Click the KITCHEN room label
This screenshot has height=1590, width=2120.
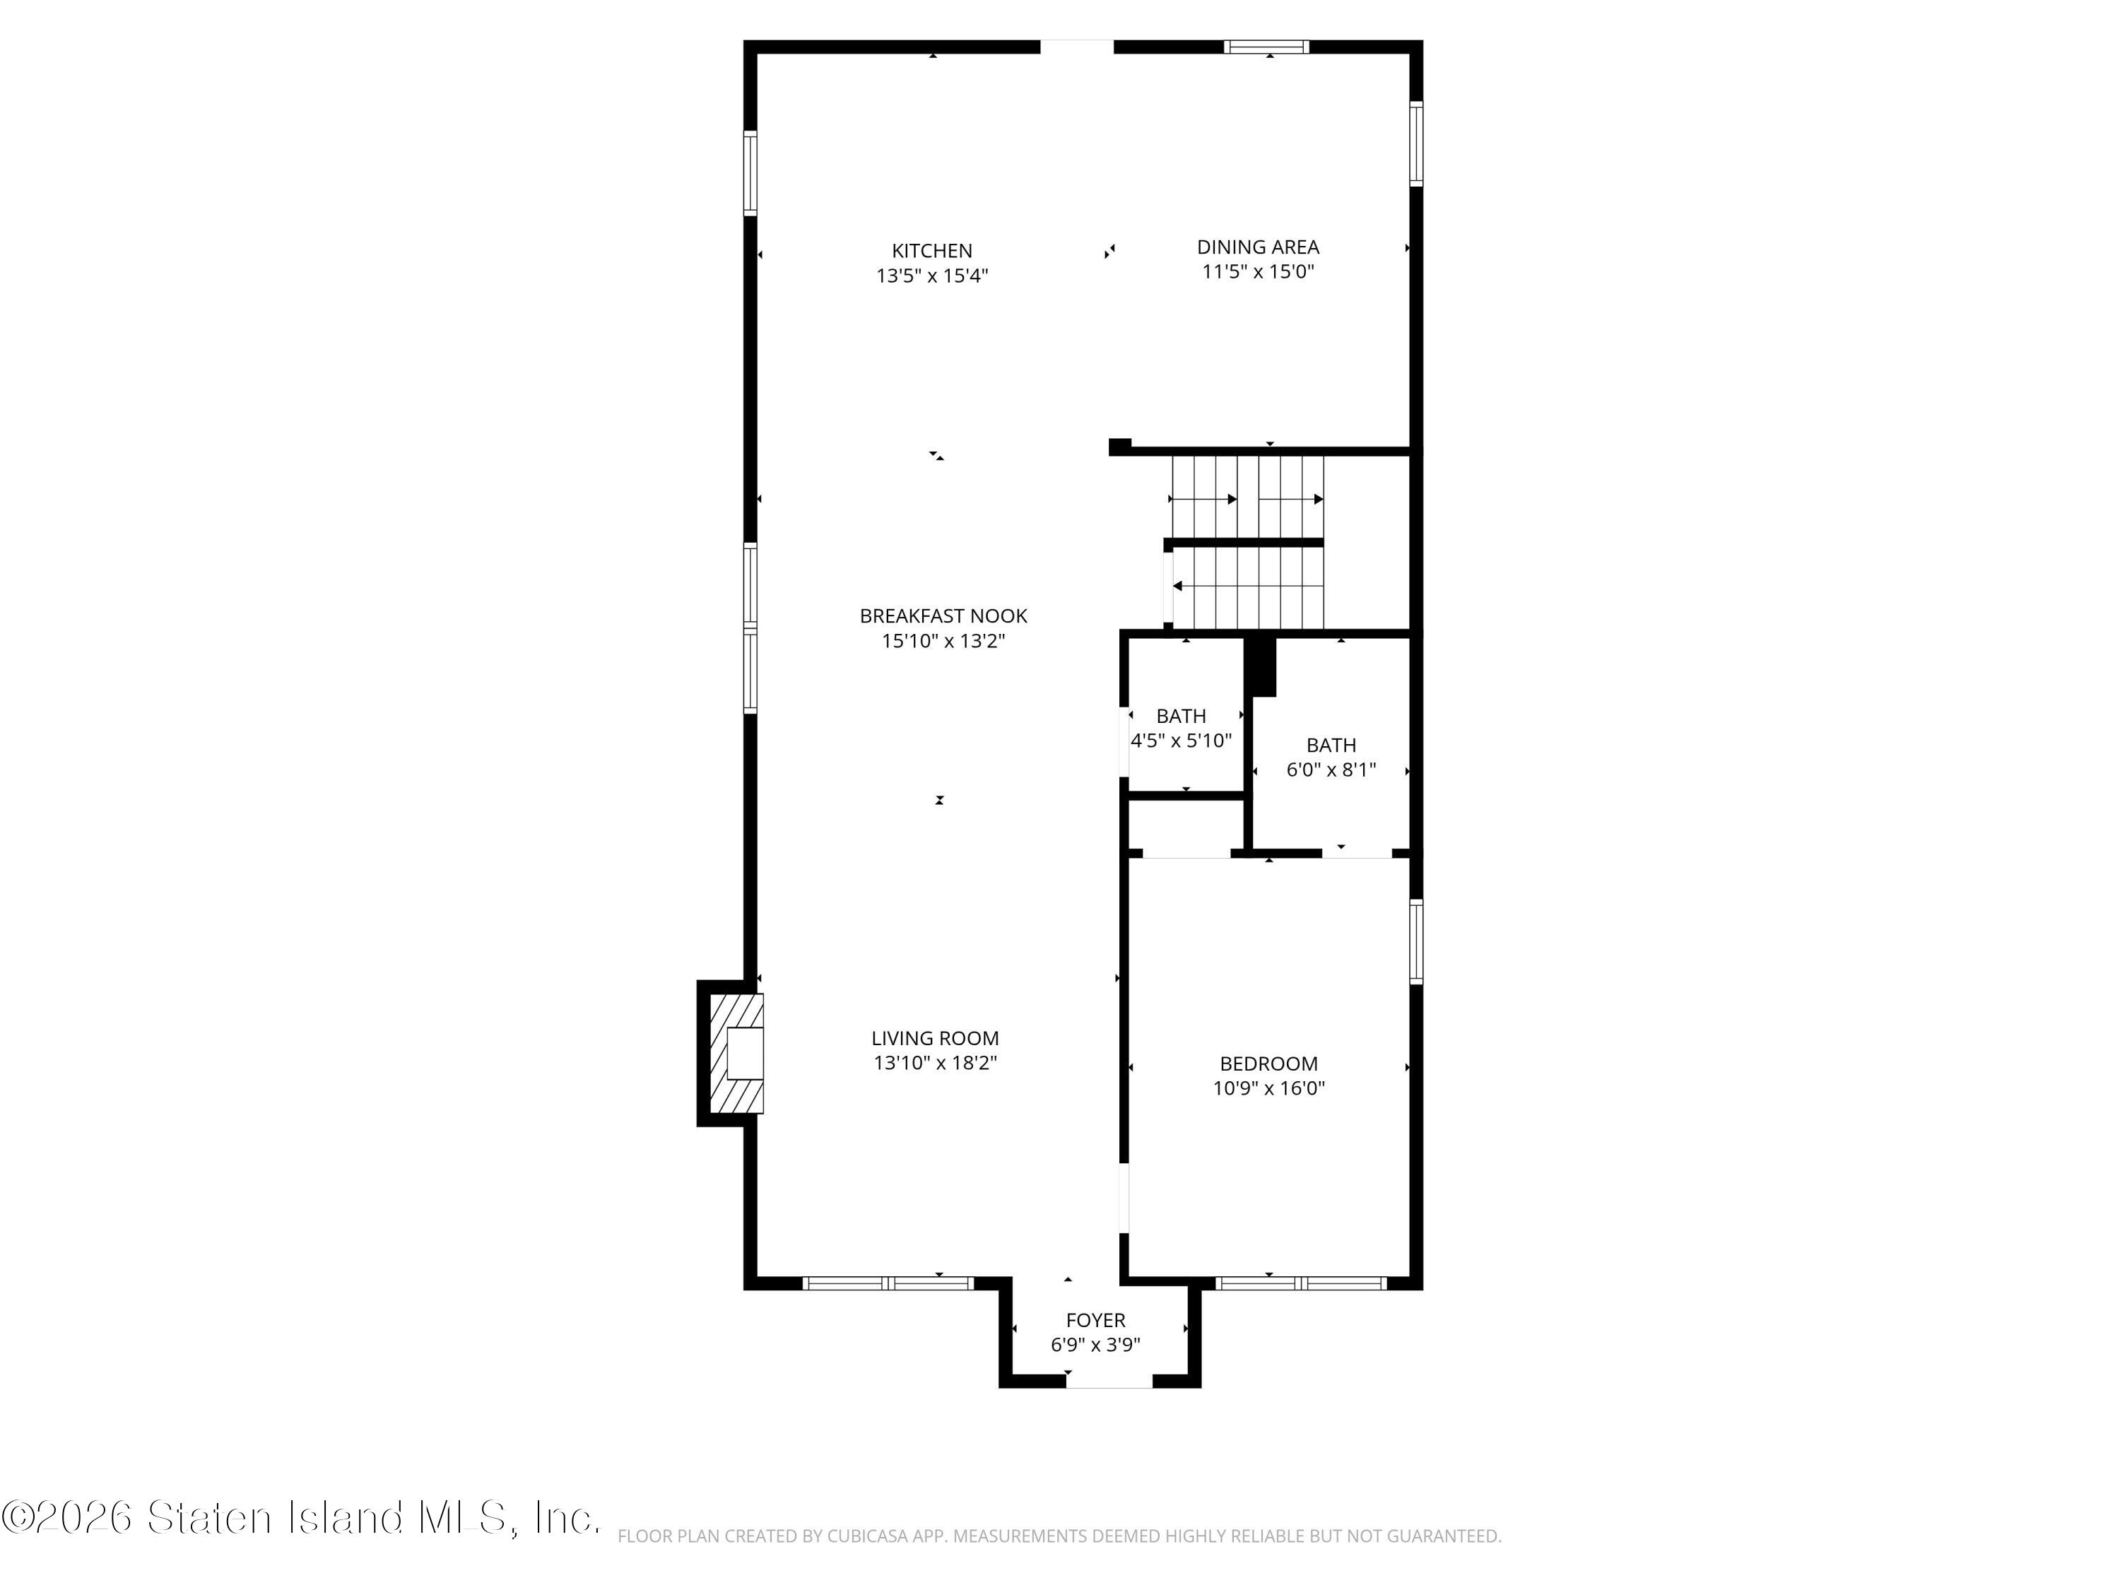tap(931, 251)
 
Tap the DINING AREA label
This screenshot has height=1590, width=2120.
tap(1257, 247)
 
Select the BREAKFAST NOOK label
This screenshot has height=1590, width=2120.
tap(943, 616)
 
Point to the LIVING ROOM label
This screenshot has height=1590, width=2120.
tap(934, 1038)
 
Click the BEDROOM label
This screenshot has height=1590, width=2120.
tap(1268, 1064)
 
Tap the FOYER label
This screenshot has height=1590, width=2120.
tap(1095, 1321)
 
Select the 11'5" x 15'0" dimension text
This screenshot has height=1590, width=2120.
tap(1257, 272)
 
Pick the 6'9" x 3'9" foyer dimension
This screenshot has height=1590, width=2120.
tap(1095, 1345)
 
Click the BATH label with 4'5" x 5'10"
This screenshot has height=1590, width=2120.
tap(1181, 716)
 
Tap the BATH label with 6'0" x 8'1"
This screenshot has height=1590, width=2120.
tap(1331, 746)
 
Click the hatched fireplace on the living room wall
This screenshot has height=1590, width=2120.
tap(735, 1054)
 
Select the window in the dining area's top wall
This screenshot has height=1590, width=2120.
tap(1266, 46)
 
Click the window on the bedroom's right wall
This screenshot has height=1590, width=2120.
tap(1415, 942)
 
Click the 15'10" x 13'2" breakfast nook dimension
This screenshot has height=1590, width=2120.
tap(943, 641)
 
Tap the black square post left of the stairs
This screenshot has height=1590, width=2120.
tap(1119, 447)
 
